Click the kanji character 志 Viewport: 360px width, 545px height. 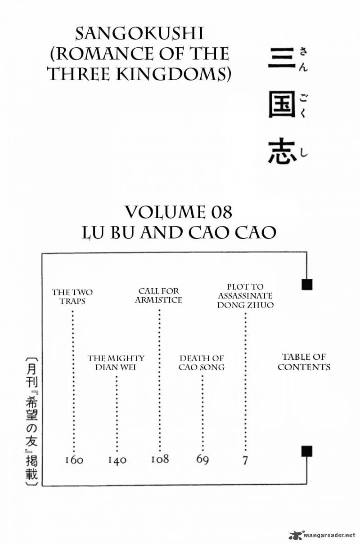click(x=282, y=151)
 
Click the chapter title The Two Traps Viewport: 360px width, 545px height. click(x=72, y=297)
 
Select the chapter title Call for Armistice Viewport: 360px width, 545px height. click(x=158, y=295)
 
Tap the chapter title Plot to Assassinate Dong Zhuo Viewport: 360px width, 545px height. click(x=245, y=296)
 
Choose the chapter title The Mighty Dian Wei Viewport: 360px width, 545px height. click(x=116, y=362)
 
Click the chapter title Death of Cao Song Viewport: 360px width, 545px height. click(x=202, y=362)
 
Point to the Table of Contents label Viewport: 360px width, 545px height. click(x=304, y=362)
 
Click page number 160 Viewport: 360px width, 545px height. click(x=74, y=460)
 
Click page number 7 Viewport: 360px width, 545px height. click(x=245, y=460)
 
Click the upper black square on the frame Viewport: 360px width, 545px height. click(x=307, y=285)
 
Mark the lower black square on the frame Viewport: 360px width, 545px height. click(x=307, y=451)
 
